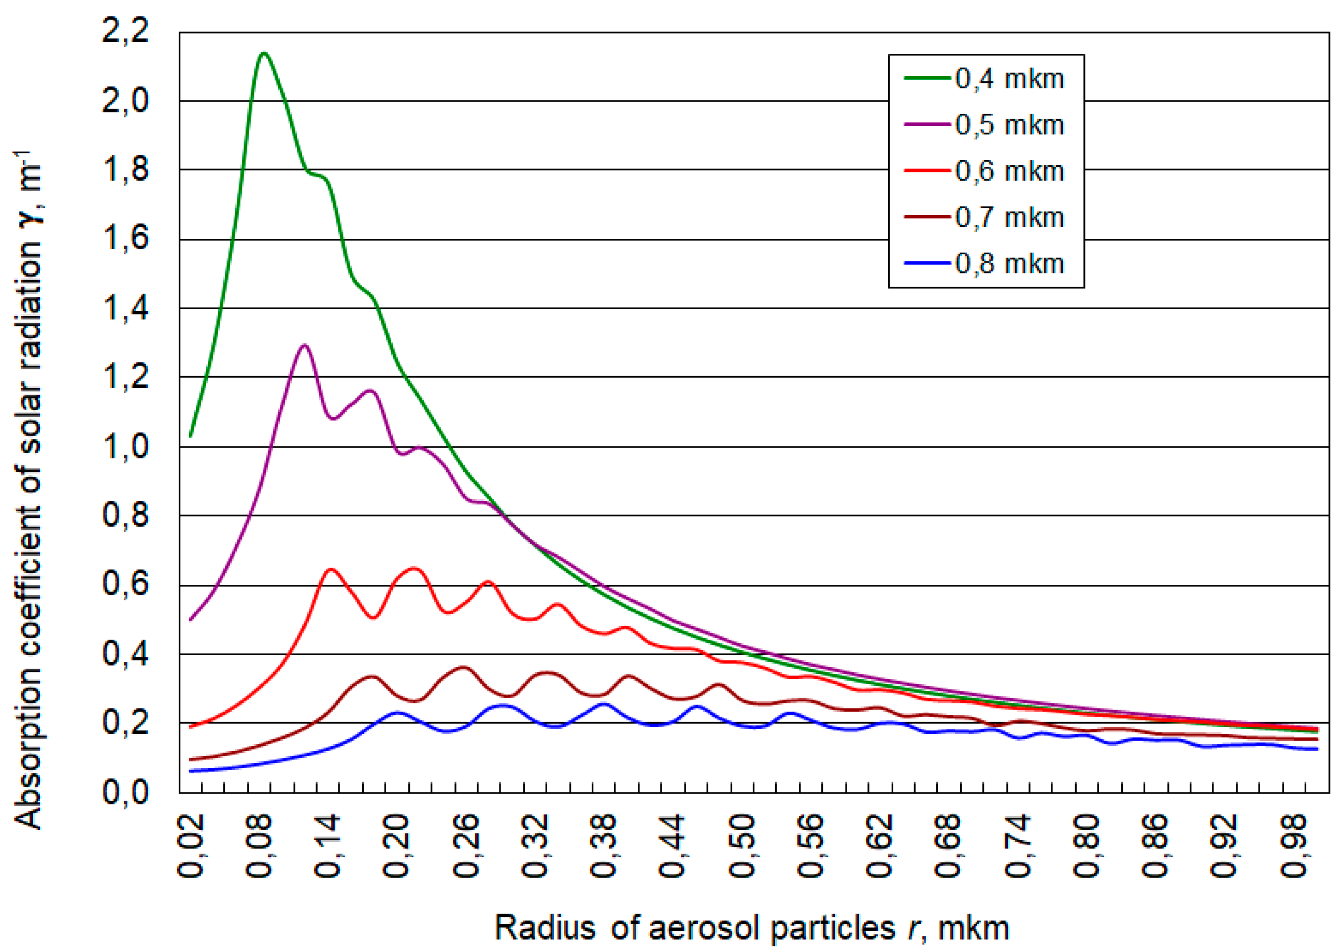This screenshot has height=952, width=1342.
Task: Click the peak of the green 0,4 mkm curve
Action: [264, 54]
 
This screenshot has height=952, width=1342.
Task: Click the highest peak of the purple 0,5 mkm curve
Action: [304, 346]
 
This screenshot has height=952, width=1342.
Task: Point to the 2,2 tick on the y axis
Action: [125, 31]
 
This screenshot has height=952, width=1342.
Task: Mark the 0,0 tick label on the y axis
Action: [125, 792]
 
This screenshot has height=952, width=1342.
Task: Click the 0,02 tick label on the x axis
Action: [191, 846]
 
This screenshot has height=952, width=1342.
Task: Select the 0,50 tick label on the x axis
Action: [742, 846]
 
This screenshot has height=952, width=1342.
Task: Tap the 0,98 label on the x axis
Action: [1294, 846]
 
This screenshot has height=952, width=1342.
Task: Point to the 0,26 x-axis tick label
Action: [467, 846]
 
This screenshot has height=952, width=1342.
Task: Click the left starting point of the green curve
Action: [191, 436]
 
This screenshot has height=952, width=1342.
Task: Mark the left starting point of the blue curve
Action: [191, 771]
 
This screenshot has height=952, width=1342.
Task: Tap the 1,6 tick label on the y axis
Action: [125, 239]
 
